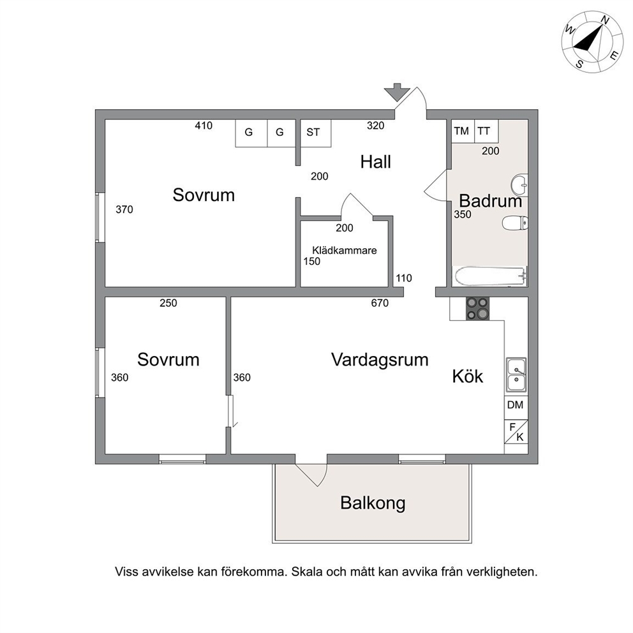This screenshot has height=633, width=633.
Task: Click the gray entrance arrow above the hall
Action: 397,93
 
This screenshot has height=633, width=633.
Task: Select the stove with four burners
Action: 477,309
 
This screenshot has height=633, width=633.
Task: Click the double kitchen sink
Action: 516,375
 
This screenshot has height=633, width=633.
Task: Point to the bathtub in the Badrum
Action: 491,276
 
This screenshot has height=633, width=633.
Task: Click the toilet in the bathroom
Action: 515,223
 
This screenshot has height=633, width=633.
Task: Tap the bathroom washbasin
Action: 519,185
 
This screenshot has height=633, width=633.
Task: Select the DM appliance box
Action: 516,405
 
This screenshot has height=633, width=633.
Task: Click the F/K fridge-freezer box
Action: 516,431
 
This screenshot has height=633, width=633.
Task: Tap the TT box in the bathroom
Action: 486,131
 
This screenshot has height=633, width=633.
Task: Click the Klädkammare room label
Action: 345,250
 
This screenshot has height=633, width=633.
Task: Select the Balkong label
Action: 373,503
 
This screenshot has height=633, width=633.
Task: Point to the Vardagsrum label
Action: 380,359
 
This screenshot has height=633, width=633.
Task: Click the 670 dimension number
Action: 380,302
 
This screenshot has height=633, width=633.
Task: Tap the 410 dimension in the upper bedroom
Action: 204,126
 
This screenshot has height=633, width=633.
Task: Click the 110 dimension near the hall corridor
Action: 404,278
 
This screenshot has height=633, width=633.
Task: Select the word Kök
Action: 468,376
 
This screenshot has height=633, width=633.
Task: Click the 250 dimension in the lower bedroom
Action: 168,302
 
